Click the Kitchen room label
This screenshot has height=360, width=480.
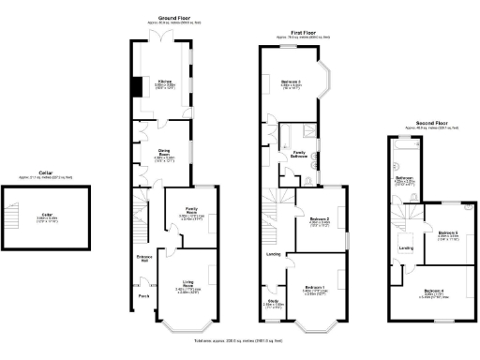pos(164,82)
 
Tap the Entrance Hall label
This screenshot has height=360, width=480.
pos(144,256)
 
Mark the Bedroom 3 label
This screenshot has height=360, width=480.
pos(292,82)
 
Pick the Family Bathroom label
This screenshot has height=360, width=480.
pos(300,152)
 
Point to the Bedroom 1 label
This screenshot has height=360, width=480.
pos(314,288)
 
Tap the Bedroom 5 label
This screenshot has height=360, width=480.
pos(447,232)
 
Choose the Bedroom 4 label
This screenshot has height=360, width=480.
pos(436,291)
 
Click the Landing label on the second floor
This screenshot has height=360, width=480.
pos(407,247)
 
